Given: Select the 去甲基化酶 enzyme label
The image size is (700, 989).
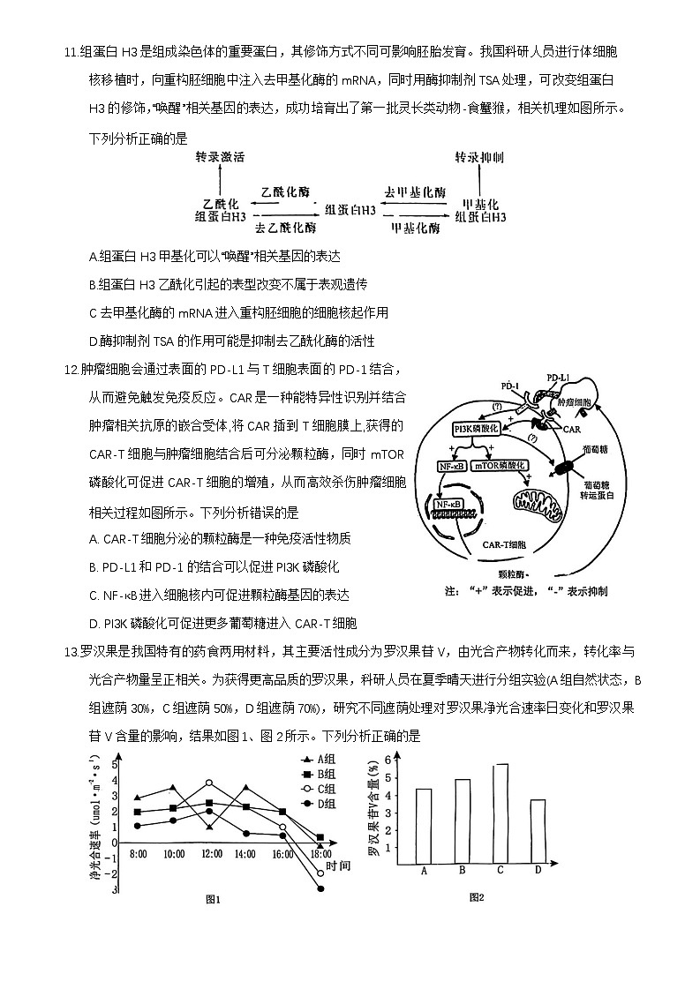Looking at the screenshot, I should [415, 192].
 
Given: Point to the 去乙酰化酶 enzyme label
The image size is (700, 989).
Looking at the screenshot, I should [285, 228].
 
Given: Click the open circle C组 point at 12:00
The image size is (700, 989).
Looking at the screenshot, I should [209, 783].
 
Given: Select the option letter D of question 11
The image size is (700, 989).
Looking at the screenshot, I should [94, 341].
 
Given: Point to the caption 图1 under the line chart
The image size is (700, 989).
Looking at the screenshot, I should [212, 899].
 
